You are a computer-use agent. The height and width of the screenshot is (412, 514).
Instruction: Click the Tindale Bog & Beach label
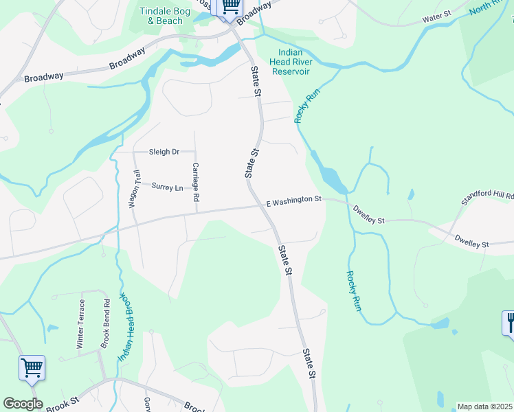161,16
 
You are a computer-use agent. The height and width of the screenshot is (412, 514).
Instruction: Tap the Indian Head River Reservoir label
294,62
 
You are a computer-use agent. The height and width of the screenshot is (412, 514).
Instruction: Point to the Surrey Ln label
168,187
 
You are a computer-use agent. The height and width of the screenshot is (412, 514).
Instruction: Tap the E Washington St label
294,200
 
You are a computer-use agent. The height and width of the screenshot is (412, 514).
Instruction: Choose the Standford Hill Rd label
487,196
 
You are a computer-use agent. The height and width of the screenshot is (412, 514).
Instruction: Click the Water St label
436,14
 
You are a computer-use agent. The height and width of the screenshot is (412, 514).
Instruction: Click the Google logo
23,404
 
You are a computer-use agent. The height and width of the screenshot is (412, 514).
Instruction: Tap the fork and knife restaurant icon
509,322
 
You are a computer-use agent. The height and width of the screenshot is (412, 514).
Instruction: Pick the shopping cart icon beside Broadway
230,6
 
